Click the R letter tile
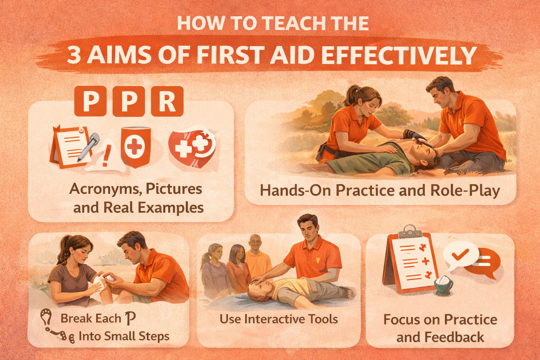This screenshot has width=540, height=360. [167, 101]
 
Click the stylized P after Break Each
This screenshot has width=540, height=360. [130, 318]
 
